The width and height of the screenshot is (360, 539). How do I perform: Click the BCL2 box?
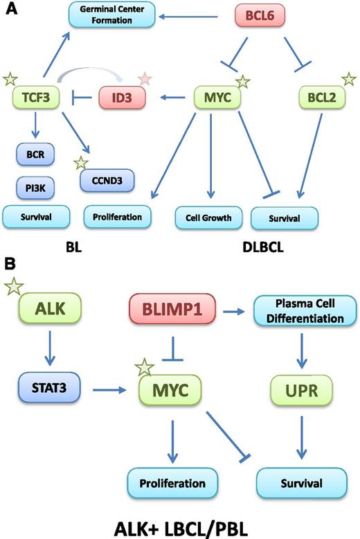[x=317, y=99]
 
